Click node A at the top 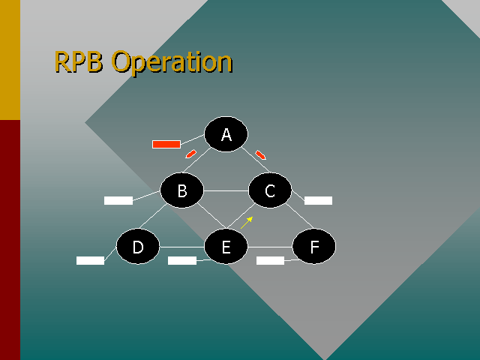click(226, 134)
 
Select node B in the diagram click(181, 190)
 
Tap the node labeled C click(270, 190)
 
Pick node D click(138, 247)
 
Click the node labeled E click(226, 247)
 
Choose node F click(314, 247)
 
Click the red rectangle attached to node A click(166, 144)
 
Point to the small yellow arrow click(247, 223)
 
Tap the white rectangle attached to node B click(118, 200)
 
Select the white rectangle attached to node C click(318, 200)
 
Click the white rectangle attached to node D click(90, 260)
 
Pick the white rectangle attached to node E click(182, 260)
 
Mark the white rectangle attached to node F click(270, 260)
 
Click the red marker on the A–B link click(190, 154)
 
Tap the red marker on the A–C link click(260, 155)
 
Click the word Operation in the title click(172, 63)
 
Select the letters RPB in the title click(78, 61)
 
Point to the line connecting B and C click(226, 190)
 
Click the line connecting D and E click(182, 247)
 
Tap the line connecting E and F click(270, 247)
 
